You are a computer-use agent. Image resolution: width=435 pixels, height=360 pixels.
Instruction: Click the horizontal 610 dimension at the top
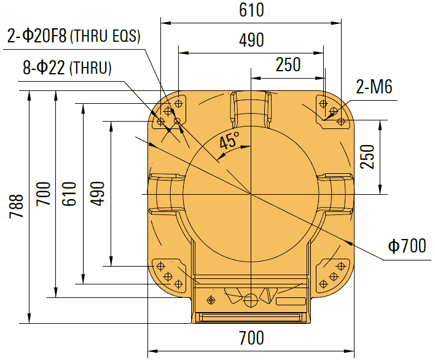pyautogui.click(x=251, y=11)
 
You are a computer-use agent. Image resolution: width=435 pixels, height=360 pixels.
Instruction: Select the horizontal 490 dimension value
pyautogui.click(x=251, y=40)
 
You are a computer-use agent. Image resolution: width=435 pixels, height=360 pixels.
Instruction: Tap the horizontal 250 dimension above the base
pyautogui.click(x=288, y=65)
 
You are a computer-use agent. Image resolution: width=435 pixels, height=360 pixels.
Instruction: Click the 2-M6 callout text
pyautogui.click(x=374, y=87)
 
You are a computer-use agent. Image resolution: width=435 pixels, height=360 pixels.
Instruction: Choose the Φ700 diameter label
pyautogui.click(x=407, y=246)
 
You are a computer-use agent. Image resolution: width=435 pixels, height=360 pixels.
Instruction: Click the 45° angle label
pyautogui.click(x=229, y=142)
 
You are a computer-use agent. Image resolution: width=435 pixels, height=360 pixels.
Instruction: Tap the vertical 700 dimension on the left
pyautogui.click(x=43, y=194)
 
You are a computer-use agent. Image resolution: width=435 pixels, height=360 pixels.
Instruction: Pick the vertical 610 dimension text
pyautogui.click(x=69, y=194)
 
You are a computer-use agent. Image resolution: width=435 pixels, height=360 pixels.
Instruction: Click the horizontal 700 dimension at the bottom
pyautogui.click(x=251, y=337)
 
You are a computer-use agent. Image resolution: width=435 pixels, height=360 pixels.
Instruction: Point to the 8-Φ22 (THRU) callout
pyautogui.click(x=67, y=68)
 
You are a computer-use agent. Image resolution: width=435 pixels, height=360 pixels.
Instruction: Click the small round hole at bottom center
pyautogui.click(x=251, y=300)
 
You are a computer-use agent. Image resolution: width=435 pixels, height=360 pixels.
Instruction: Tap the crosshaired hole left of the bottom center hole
pyautogui.click(x=212, y=300)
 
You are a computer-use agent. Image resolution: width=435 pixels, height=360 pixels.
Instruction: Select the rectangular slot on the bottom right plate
pyautogui.click(x=290, y=302)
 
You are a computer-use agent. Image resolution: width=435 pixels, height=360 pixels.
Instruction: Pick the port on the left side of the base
pyautogui.click(x=165, y=194)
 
